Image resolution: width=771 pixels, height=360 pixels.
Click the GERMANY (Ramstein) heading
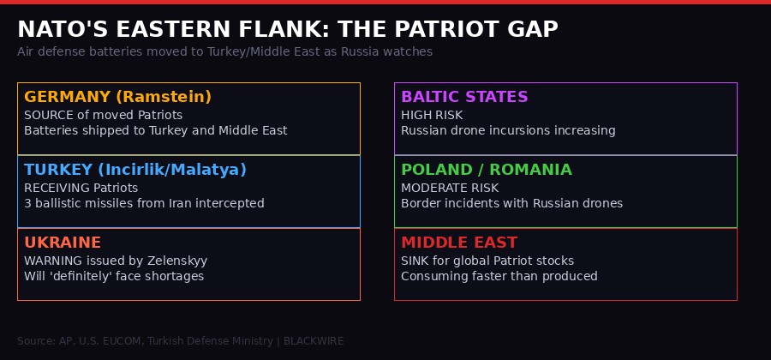(x=117, y=97)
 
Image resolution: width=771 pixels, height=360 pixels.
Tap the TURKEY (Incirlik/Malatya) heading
(x=135, y=170)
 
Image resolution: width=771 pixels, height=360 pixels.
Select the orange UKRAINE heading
(x=63, y=243)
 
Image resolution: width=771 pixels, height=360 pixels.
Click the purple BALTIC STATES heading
(x=464, y=97)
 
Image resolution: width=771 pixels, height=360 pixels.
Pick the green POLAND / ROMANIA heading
(x=486, y=170)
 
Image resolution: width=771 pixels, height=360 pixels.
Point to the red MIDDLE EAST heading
(x=459, y=243)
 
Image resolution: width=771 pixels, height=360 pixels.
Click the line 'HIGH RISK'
(x=432, y=115)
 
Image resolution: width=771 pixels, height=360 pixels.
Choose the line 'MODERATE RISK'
(x=450, y=188)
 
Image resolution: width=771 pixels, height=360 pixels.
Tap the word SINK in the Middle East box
(x=415, y=261)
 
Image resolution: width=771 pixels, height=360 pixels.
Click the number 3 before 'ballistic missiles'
(x=27, y=203)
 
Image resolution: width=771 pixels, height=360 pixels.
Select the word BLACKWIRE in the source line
(x=314, y=341)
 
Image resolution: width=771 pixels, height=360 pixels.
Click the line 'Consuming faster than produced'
(x=499, y=276)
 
